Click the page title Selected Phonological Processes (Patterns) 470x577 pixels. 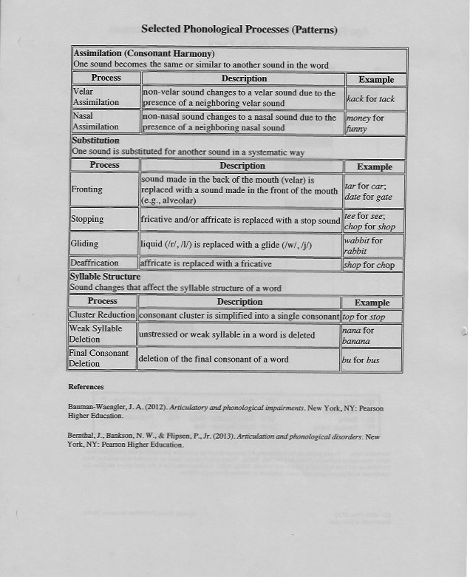[239, 30]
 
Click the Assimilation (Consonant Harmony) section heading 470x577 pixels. [144, 54]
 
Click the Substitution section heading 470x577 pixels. [96, 140]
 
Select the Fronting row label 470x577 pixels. [87, 189]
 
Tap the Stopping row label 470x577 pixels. [88, 220]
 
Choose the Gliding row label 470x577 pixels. [85, 243]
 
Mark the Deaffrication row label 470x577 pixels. [95, 263]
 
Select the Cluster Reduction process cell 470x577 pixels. [102, 316]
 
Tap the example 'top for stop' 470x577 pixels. [364, 317]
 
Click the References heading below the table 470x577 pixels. [86, 387]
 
